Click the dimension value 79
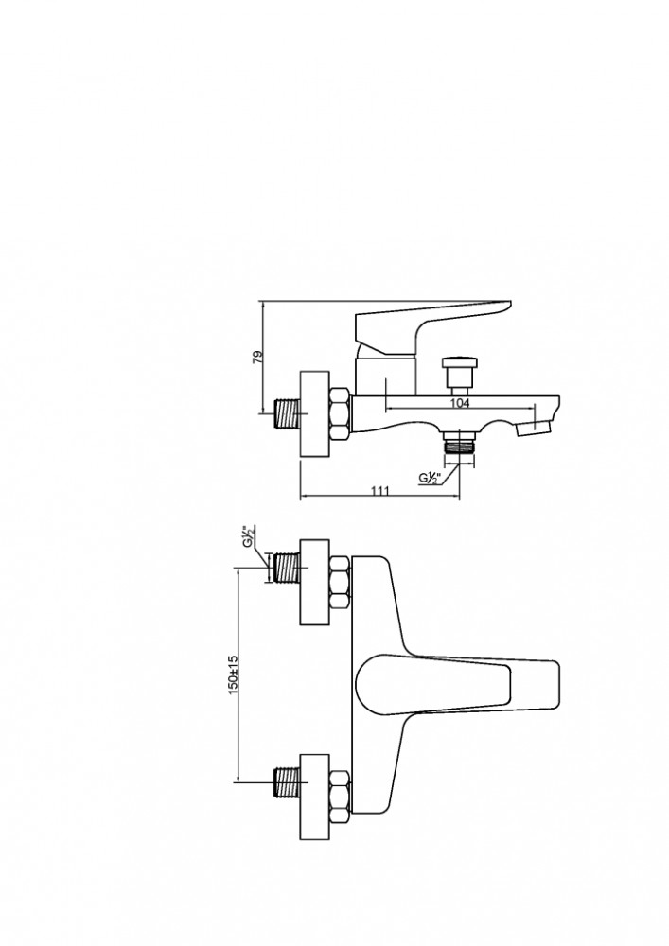tap(257, 357)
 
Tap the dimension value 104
tap(460, 402)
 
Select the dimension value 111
tap(380, 490)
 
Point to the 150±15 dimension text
tap(234, 674)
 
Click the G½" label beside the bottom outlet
tap(431, 479)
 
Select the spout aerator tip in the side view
tap(534, 428)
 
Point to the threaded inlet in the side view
tap(287, 414)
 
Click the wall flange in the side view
tap(315, 414)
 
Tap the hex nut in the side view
tap(341, 414)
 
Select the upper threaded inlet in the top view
tap(287, 568)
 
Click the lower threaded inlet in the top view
tap(287, 782)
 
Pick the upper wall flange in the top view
tap(315, 582)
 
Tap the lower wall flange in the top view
tap(315, 797)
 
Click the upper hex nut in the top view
tap(341, 582)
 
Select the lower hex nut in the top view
tap(341, 797)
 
